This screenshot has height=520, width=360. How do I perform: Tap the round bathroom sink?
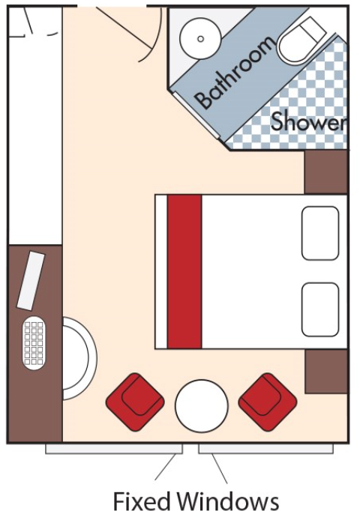pos(200,39)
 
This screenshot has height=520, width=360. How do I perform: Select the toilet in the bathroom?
pos(302,40)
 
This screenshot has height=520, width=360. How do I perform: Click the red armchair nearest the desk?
pos(135,402)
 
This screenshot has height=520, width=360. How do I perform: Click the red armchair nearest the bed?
pos(268,402)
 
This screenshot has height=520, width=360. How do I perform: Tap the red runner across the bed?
pos(184,271)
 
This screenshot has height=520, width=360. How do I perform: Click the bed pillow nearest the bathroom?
pos(320,233)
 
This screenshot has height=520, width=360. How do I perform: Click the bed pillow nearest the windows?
pos(320,309)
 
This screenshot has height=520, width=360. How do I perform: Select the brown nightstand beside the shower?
pos(325,172)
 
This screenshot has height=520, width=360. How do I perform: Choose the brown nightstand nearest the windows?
pos(326,372)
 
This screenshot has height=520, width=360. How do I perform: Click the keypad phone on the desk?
pos(34,343)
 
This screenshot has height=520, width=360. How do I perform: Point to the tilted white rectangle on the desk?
pos(31,281)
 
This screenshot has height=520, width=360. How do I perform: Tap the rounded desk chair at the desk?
pos(79,358)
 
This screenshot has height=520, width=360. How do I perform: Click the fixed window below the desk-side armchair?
pos(114,449)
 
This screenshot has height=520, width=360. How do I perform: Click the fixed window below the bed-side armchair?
pos(266,449)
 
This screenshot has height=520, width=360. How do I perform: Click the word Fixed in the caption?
pos(142,502)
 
